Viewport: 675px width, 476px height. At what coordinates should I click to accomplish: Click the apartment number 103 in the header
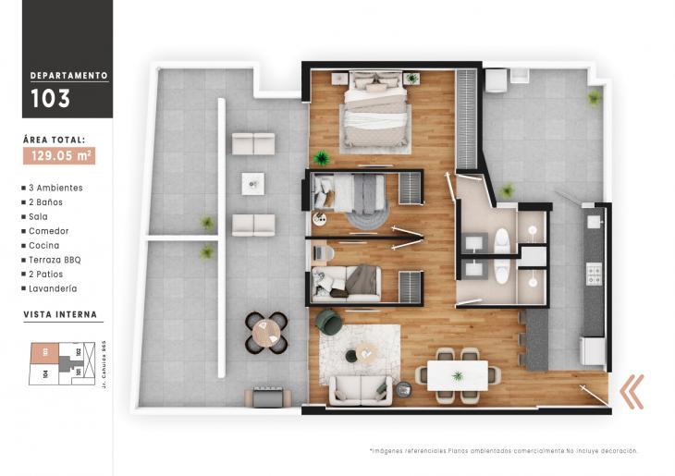point(49,98)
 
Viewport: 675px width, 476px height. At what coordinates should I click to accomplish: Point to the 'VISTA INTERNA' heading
point(60,314)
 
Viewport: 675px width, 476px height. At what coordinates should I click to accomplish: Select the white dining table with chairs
point(457,375)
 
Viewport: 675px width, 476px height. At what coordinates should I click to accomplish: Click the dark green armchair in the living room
point(328,322)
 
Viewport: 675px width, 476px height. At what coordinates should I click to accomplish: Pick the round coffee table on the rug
point(366,352)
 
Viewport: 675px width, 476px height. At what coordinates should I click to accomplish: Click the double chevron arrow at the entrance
point(632,391)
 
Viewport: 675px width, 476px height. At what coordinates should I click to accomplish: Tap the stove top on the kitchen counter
point(593,274)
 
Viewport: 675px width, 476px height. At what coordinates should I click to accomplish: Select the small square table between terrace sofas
point(252,183)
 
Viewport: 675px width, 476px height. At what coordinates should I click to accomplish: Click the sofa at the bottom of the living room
point(363,389)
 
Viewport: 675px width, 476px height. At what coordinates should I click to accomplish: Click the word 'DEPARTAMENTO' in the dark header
point(69,75)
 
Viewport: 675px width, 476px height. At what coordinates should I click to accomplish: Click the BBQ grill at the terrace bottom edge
point(267,397)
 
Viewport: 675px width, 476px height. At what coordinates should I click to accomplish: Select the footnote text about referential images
point(503,451)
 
